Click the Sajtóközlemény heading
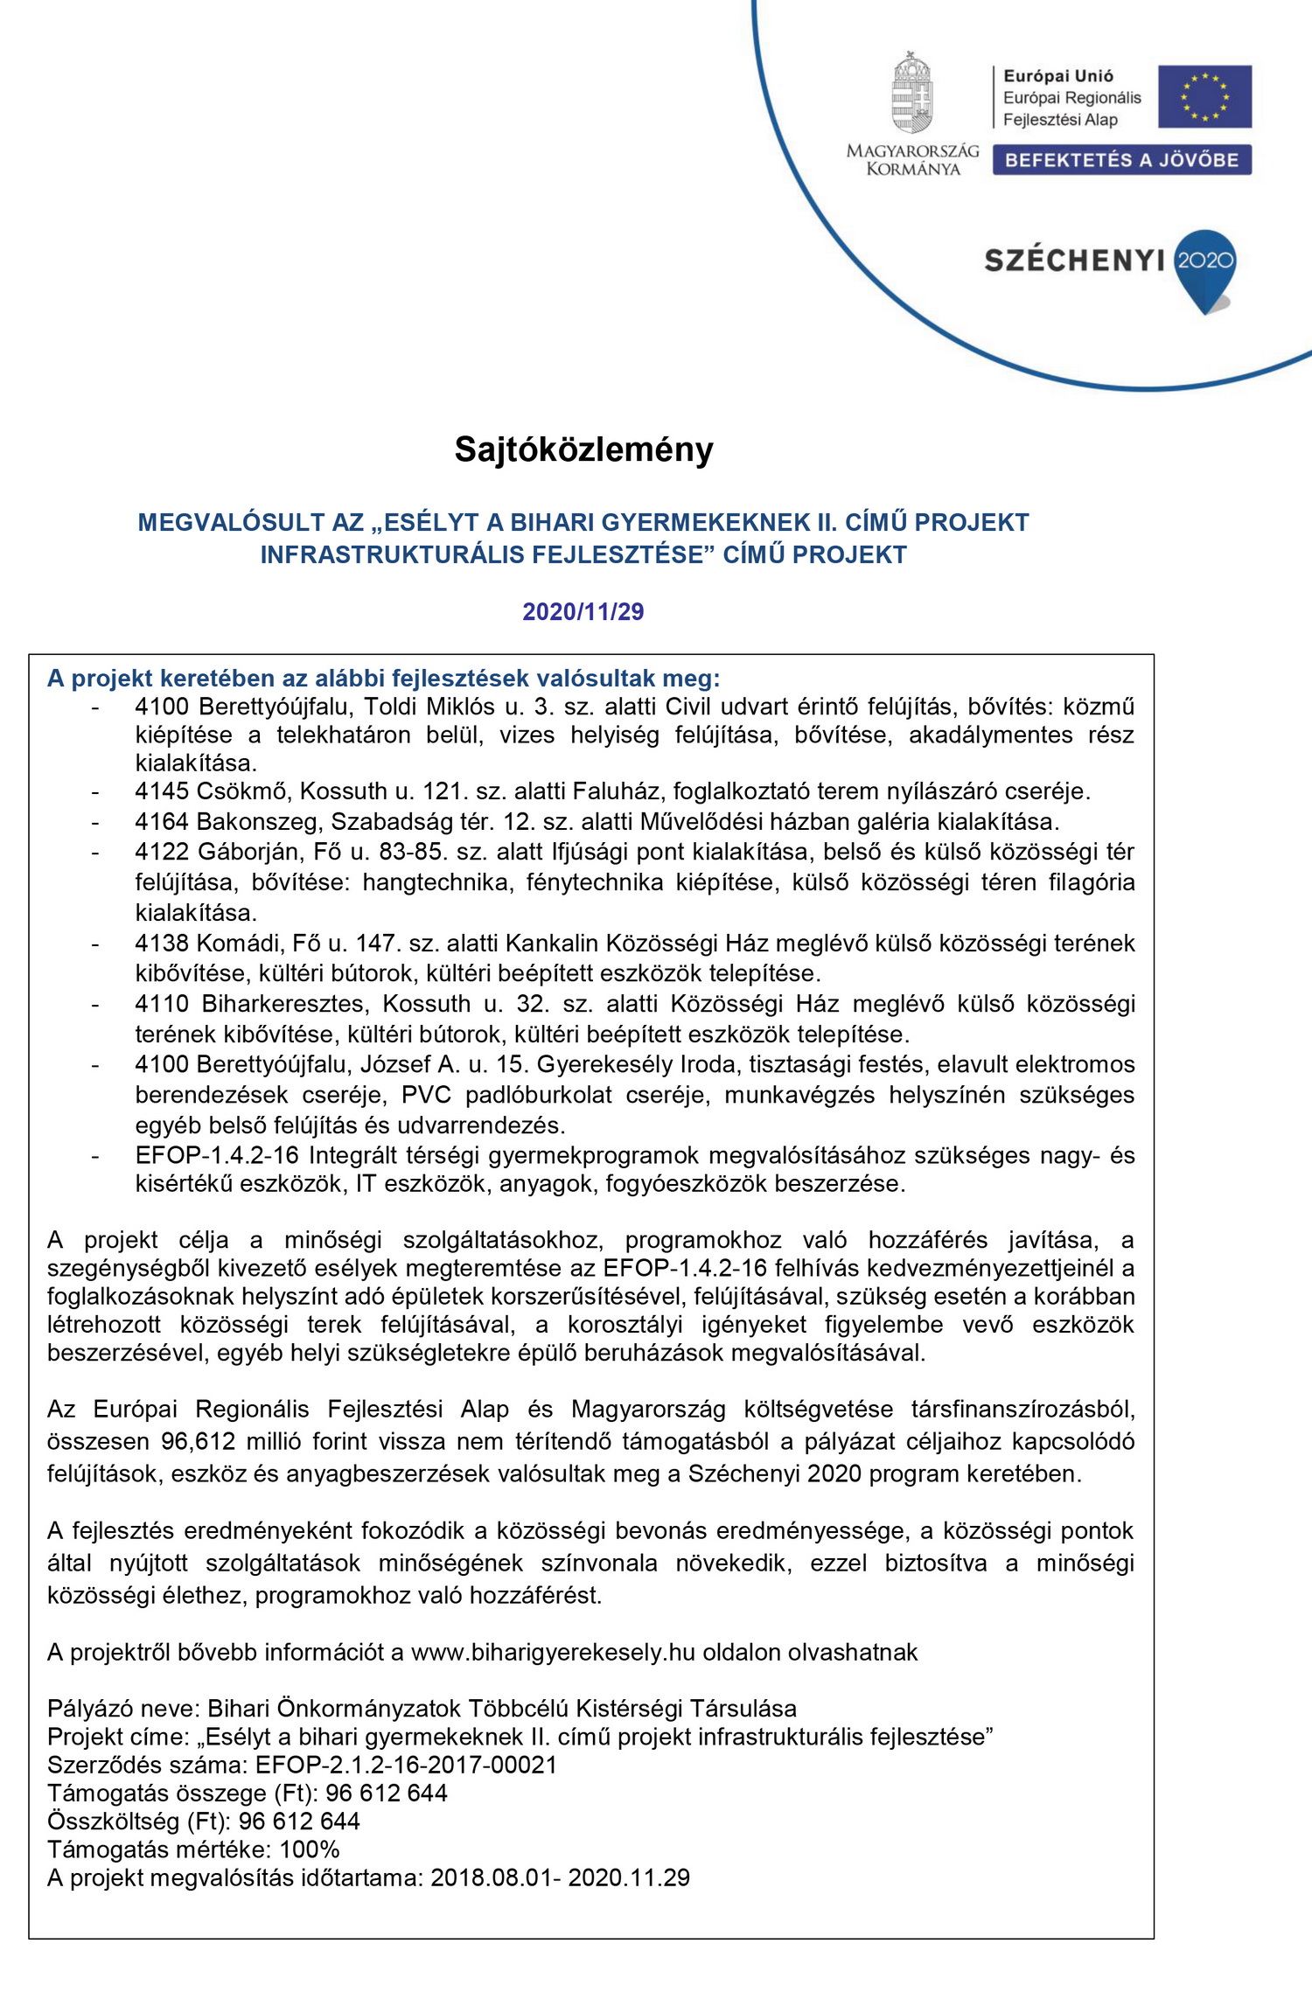(583, 449)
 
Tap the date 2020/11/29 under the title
(583, 611)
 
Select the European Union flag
(1204, 96)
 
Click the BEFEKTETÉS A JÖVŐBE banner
(1121, 160)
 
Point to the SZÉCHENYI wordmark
(1074, 261)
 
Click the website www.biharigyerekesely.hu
(553, 1652)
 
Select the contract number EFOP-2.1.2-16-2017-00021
(406, 1765)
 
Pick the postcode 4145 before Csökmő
(162, 791)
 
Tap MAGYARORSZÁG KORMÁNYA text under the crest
(912, 160)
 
